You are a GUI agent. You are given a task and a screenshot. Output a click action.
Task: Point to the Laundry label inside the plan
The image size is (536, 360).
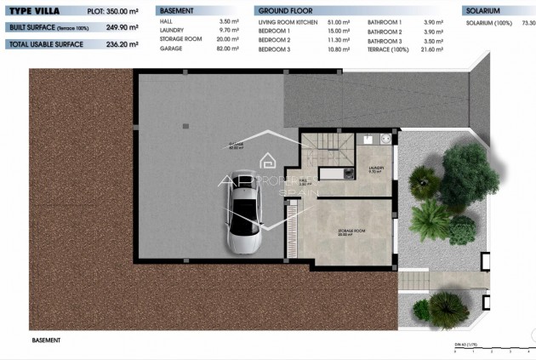(x=375, y=168)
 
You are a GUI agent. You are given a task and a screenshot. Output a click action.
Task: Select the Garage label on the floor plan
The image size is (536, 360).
(x=235, y=146)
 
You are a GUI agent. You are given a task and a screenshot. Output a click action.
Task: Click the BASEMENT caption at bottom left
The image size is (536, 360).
(x=47, y=340)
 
